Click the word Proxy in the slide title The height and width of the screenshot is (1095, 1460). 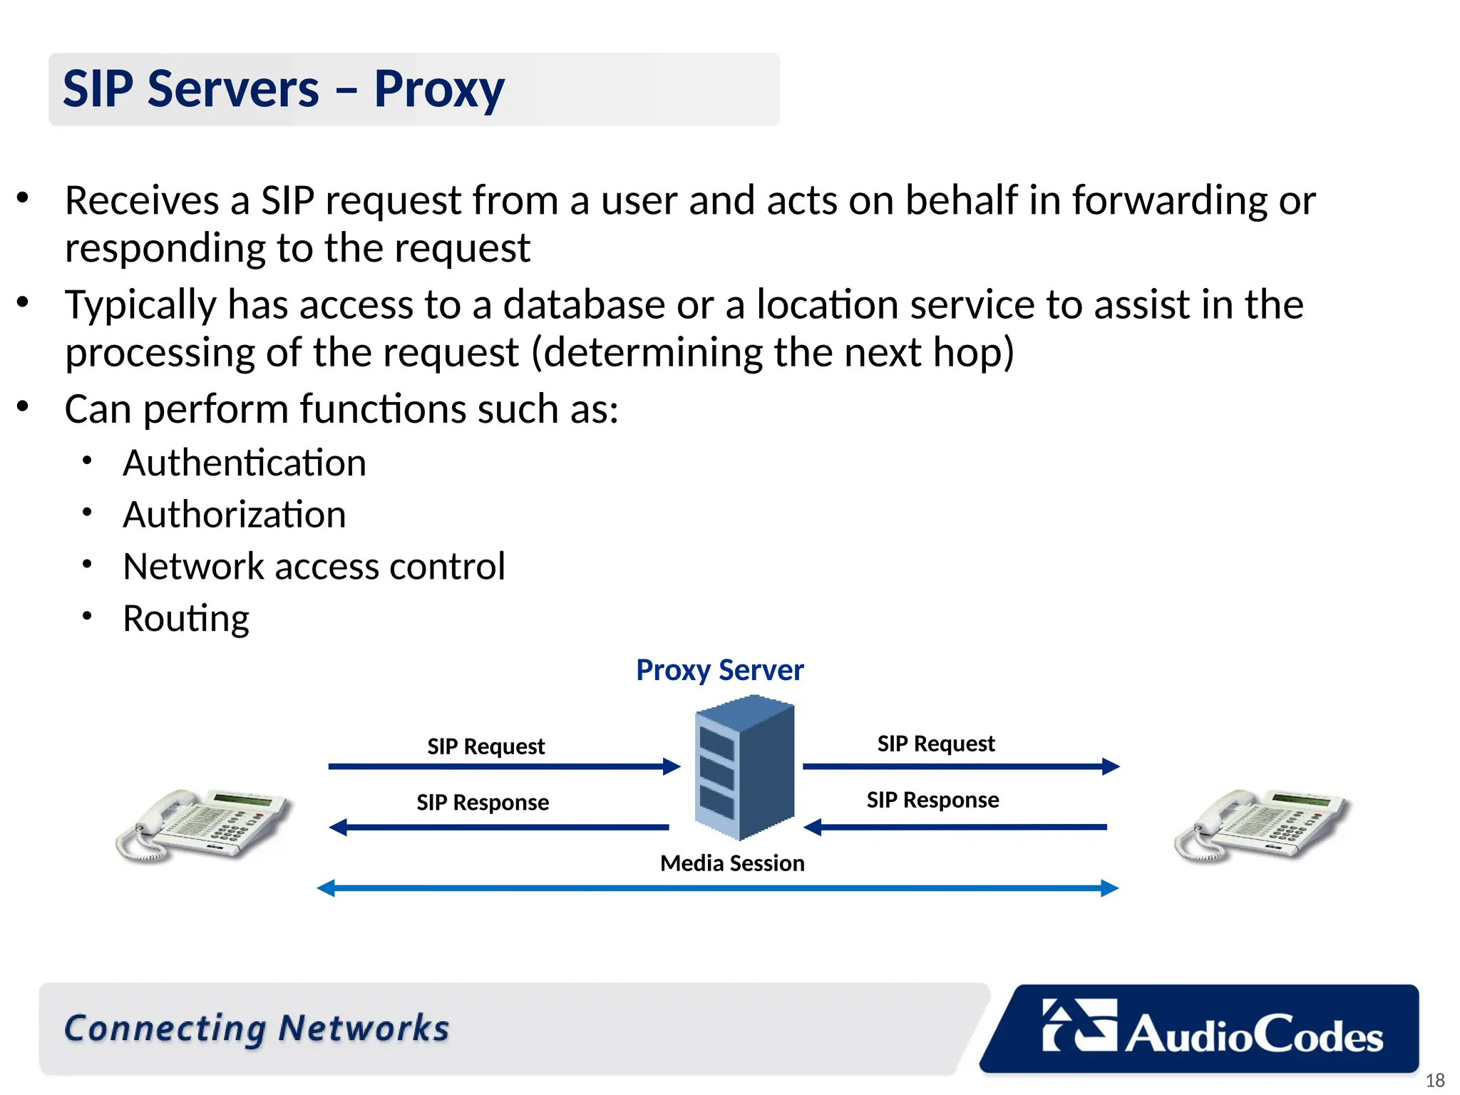(x=438, y=91)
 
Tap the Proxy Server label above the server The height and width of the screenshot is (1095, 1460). (x=719, y=670)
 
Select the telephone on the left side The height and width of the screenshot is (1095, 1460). (x=204, y=825)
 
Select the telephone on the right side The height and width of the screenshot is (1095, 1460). (x=1262, y=825)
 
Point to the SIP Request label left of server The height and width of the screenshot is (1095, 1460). (x=485, y=746)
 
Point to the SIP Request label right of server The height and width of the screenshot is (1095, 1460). (x=935, y=744)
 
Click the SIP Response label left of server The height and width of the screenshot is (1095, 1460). (x=483, y=803)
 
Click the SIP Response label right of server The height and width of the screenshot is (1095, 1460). (x=932, y=800)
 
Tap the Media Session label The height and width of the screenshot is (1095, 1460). (x=732, y=863)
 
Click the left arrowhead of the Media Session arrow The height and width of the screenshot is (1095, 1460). (x=326, y=888)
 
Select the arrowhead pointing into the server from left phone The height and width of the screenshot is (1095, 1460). (x=672, y=766)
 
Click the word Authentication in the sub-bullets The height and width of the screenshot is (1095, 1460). (x=245, y=463)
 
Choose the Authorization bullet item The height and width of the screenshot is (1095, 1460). (x=234, y=515)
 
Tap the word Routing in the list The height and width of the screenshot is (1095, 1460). (x=185, y=618)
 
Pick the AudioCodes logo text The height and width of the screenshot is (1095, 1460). (x=1254, y=1035)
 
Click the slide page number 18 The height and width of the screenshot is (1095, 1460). (x=1434, y=1081)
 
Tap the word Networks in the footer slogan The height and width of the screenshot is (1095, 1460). (x=364, y=1029)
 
